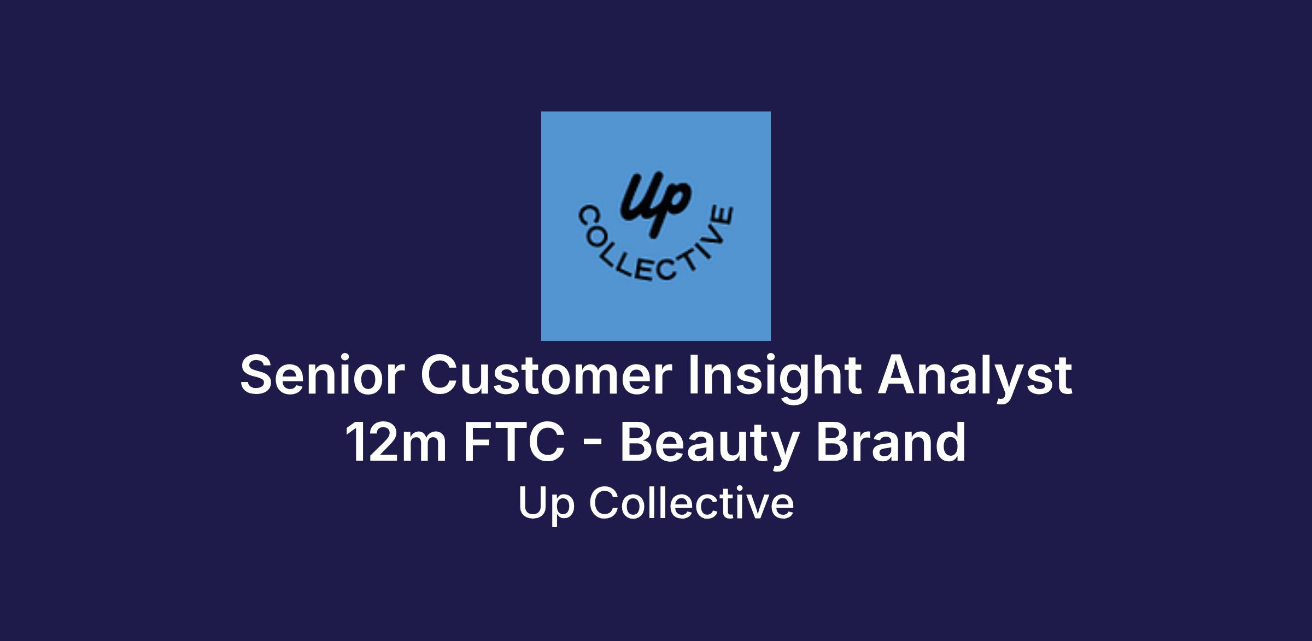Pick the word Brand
tap(891, 441)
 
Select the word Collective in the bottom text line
tap(692, 502)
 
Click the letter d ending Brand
tap(950, 441)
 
